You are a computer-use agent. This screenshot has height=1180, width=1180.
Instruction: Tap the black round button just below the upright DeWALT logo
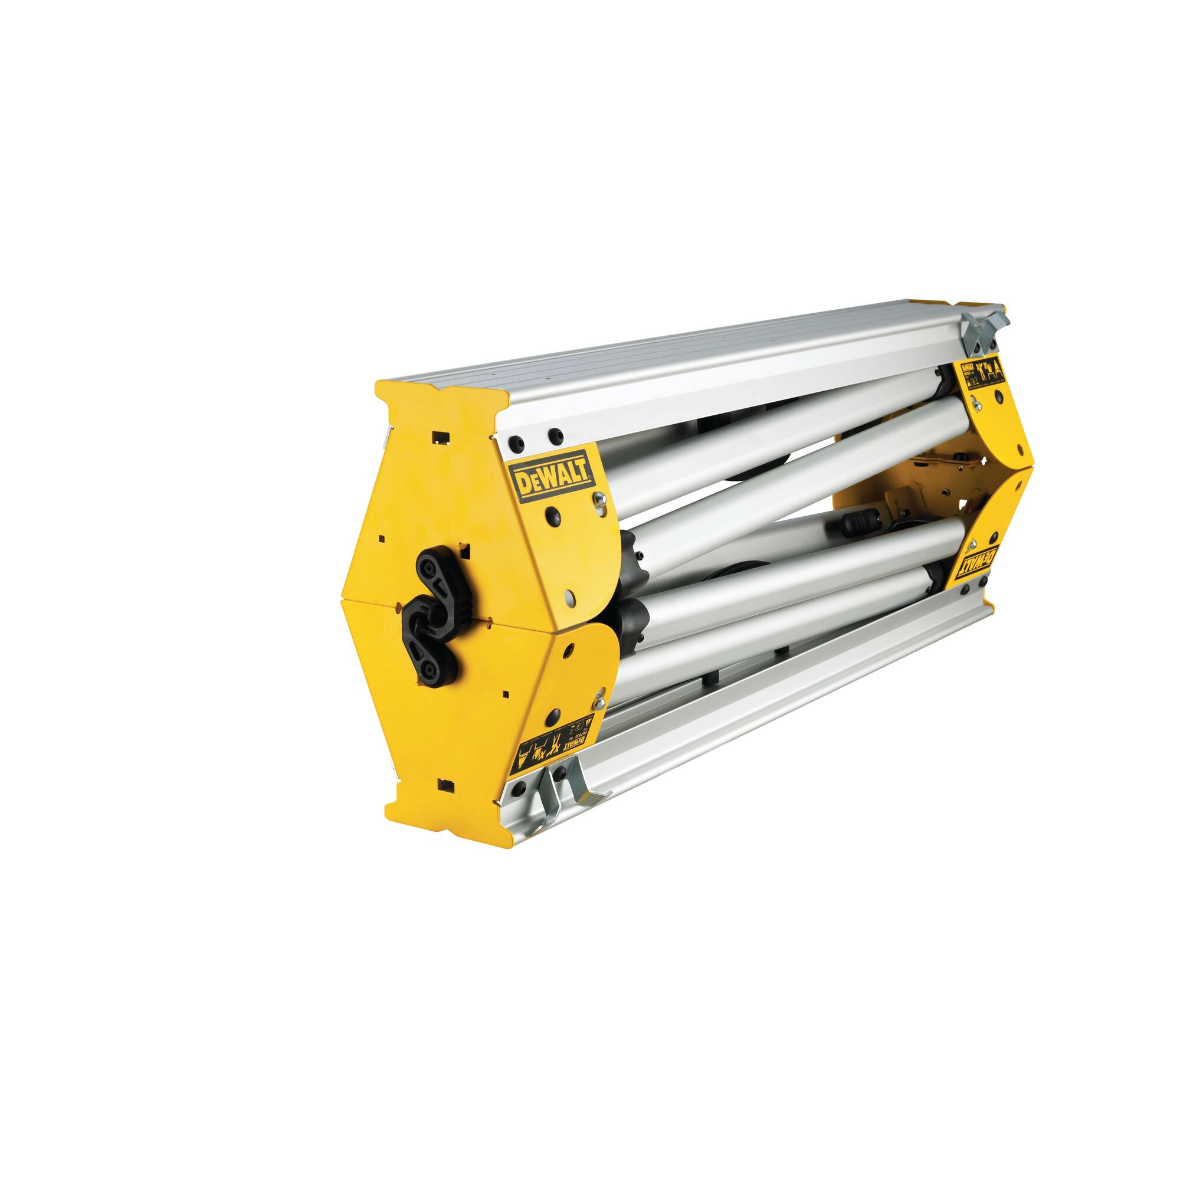[x=553, y=514]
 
